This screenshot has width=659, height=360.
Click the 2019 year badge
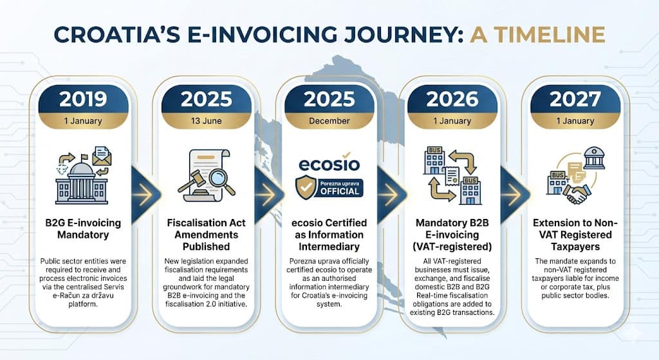83,99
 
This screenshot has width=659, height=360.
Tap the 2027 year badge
575,99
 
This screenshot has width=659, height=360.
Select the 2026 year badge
452,99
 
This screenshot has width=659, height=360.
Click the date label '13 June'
206,120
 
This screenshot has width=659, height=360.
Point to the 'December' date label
329,120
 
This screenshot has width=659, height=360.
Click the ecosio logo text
329,164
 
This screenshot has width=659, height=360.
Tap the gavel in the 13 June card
191,181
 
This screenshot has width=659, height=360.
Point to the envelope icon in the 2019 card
102,156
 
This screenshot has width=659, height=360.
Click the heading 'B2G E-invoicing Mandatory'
83,229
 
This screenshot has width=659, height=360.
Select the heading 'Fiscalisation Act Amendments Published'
206,234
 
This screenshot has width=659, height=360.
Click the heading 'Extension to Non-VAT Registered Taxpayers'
575,234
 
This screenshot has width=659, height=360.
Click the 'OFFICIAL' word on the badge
340,191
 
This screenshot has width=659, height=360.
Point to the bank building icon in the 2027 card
594,158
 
